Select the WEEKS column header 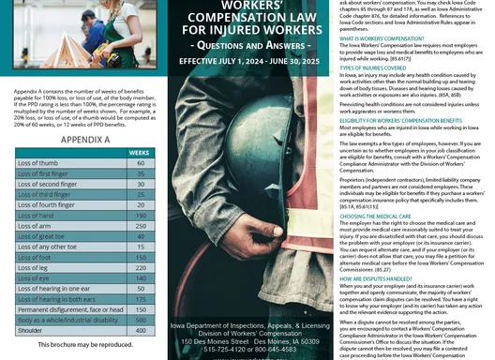click(x=139, y=150)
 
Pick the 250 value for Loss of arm click(x=140, y=227)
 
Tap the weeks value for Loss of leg click(x=140, y=266)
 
